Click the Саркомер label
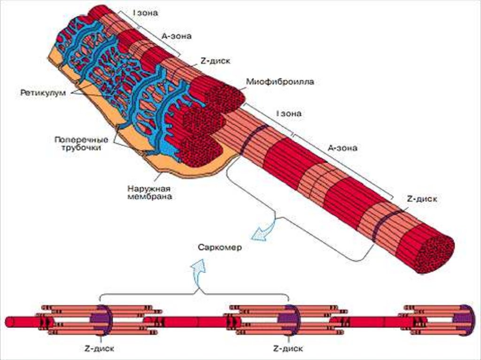pos(219,247)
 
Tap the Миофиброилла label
pos(279,82)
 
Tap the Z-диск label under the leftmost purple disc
pos(101,349)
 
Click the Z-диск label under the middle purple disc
pos(287,349)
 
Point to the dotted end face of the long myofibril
pos(436,253)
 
